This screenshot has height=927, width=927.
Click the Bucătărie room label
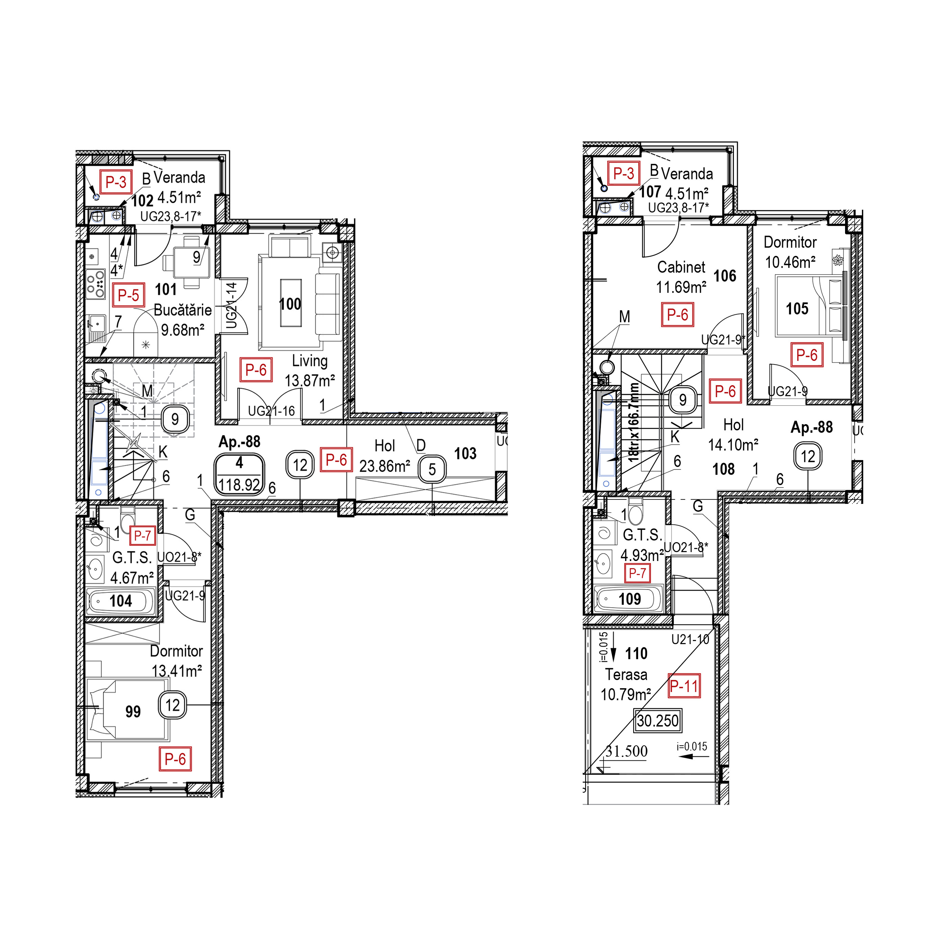click(x=182, y=310)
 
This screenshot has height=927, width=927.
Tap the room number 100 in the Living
click(x=290, y=304)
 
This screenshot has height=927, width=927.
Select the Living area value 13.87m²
click(x=310, y=380)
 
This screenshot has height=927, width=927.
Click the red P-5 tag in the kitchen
click(x=129, y=295)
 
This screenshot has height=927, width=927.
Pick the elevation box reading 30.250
click(x=657, y=721)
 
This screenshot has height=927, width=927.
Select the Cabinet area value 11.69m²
click(x=681, y=287)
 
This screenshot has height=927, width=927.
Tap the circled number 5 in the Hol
click(x=432, y=469)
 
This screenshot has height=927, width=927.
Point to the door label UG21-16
click(x=271, y=411)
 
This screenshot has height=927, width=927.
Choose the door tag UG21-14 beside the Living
click(x=232, y=305)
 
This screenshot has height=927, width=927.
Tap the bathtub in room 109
click(x=628, y=599)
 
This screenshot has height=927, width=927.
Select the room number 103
click(x=465, y=453)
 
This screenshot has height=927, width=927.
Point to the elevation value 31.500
click(x=626, y=751)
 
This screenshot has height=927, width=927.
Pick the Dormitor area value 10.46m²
click(x=790, y=263)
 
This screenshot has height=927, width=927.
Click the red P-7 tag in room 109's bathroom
click(x=637, y=573)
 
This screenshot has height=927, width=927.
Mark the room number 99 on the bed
click(x=133, y=712)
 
